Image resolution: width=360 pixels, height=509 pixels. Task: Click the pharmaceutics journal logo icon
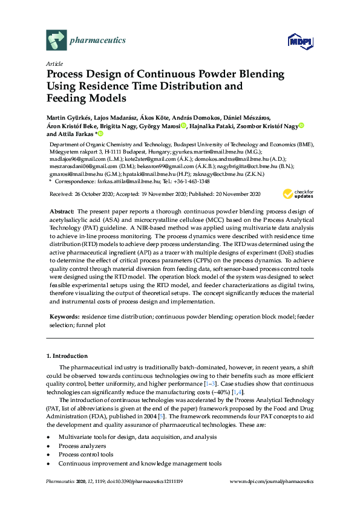tap(56, 41)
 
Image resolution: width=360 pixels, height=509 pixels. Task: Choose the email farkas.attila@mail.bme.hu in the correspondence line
tap(126, 181)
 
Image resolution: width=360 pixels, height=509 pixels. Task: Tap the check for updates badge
tap(298, 177)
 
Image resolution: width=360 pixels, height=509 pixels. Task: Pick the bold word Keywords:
tap(64, 316)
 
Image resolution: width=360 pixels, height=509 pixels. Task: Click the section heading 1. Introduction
tap(67, 355)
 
